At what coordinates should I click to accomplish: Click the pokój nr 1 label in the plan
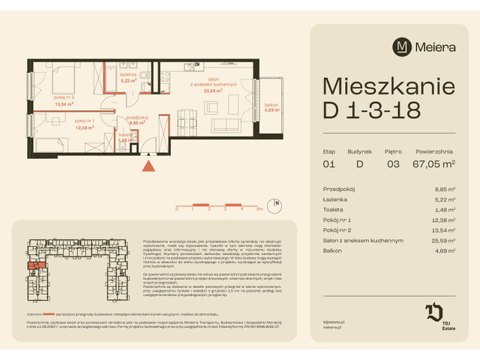tap(84, 124)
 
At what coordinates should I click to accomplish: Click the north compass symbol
tap(277, 203)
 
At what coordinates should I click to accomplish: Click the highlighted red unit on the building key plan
tap(34, 263)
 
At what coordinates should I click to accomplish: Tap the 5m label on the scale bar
tap(259, 210)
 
